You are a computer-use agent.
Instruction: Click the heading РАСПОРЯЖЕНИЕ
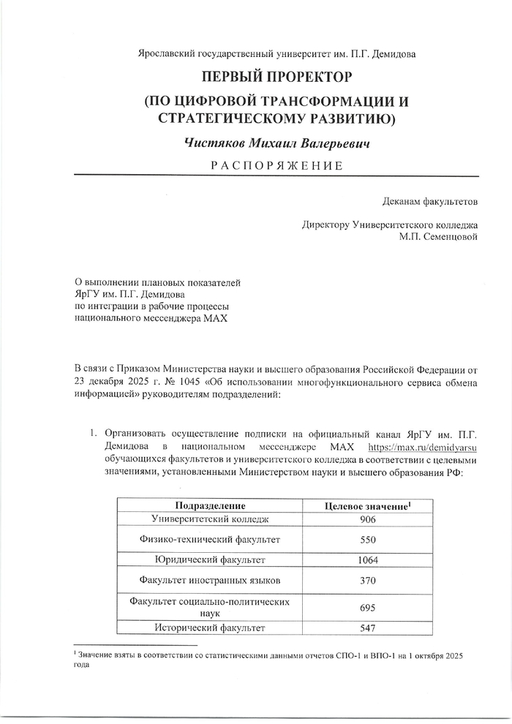pos(276,165)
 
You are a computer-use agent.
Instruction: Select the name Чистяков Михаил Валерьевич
pos(276,143)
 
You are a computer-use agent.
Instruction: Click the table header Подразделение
pos(209,506)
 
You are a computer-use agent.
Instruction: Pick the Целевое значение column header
pos(367,506)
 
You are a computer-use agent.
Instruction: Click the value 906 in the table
pos(367,519)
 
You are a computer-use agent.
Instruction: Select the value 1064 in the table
pos(367,560)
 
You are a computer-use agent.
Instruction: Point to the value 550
pos(367,540)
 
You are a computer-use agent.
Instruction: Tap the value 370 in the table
pos(367,581)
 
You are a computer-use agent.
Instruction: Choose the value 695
pos(367,607)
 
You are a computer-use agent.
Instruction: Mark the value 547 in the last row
pos(367,627)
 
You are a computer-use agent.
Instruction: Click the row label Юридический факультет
pos(209,560)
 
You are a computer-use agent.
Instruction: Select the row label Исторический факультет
pos(209,627)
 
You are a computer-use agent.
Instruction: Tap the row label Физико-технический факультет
pos(209,540)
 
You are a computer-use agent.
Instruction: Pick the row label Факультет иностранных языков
pos(209,581)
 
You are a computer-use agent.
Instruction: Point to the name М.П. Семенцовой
pos(439,237)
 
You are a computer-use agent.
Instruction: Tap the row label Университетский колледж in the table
pos(209,519)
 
